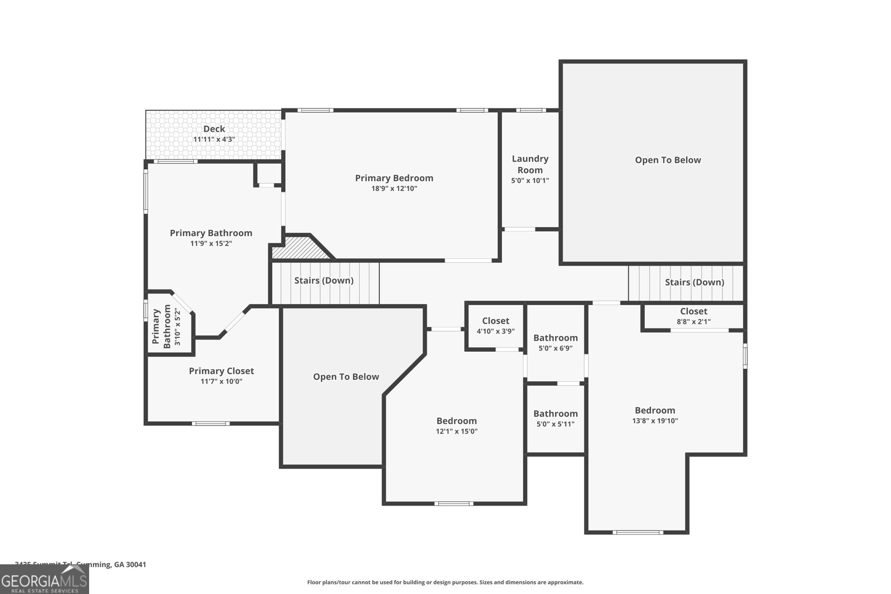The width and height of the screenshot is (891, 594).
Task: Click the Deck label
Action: point(214,129)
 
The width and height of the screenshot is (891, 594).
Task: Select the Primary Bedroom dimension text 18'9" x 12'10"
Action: point(394,189)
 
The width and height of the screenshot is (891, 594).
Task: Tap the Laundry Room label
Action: point(530,164)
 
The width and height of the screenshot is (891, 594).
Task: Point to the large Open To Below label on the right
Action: point(668,160)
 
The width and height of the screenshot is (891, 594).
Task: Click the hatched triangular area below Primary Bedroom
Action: point(298,249)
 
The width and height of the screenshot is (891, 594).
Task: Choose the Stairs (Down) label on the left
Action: point(324,281)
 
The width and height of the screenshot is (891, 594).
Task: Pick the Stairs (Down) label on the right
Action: point(694,282)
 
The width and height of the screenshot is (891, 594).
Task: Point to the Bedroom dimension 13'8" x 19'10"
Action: point(655,421)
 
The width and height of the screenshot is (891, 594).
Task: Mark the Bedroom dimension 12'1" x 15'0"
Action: point(457,431)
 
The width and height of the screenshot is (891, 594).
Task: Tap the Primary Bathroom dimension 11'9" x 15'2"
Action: point(211,244)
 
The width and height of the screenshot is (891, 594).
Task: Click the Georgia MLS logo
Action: point(44,581)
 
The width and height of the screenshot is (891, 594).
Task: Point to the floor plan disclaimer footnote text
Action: point(445,582)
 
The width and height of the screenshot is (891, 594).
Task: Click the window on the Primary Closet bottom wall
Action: point(210,424)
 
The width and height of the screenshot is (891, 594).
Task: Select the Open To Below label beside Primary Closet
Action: point(346,377)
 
